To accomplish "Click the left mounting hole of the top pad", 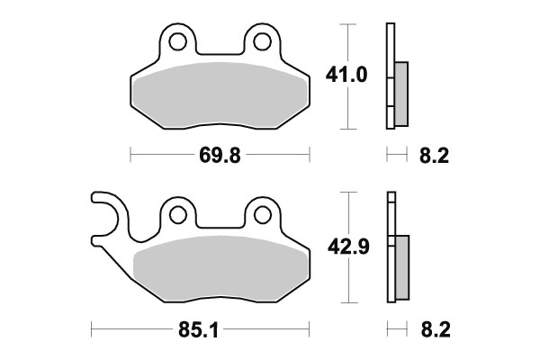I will [176, 41].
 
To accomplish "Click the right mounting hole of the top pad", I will [262, 41].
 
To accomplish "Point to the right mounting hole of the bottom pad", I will [263, 214].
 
